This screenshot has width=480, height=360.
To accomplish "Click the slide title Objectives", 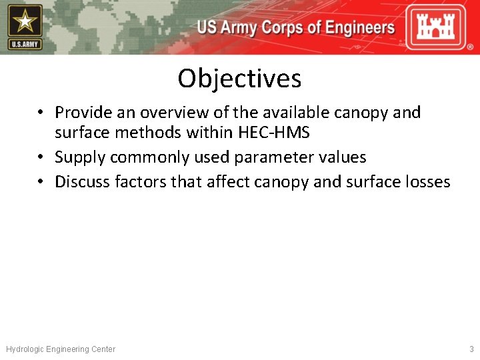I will [x=239, y=79].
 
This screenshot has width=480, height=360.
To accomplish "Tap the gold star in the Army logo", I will [x=25, y=22].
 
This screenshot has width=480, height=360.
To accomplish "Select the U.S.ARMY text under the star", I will [x=25, y=45].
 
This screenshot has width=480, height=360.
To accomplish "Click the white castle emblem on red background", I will [x=437, y=27].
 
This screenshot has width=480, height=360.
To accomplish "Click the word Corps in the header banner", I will [x=281, y=28].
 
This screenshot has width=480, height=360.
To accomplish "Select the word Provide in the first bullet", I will [x=83, y=113].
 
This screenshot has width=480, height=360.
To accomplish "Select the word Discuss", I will [x=83, y=181].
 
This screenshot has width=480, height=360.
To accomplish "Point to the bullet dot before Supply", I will [x=41, y=158].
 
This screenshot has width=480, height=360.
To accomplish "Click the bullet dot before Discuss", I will [x=41, y=182].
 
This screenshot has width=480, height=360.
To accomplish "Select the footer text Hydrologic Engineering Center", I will [x=61, y=349].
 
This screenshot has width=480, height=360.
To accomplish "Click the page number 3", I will [x=471, y=349].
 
